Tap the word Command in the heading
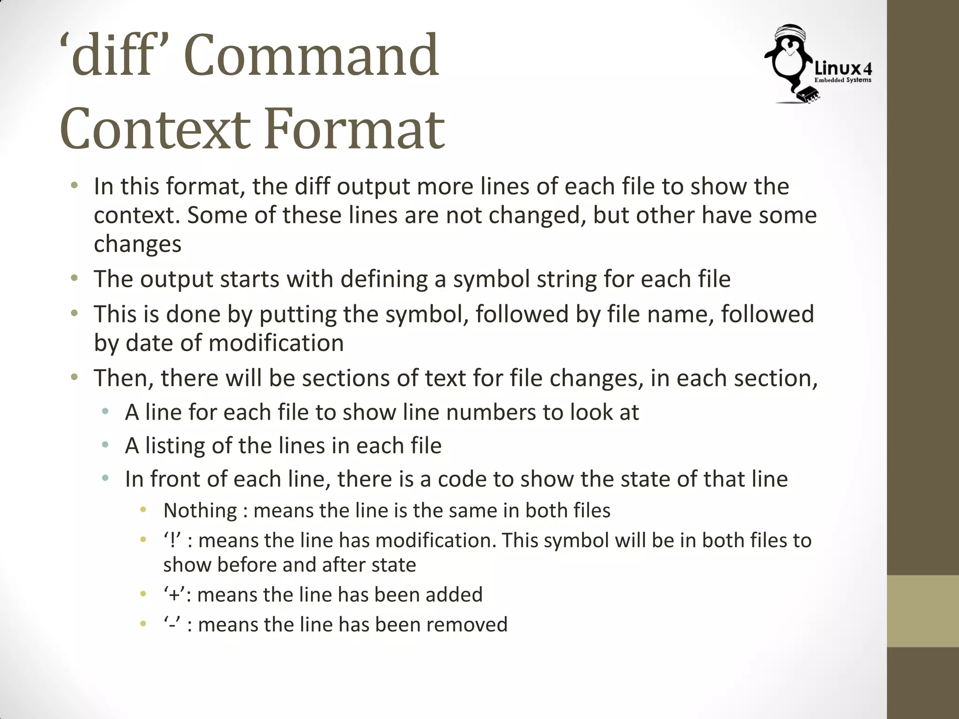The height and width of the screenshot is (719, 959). pos(311,55)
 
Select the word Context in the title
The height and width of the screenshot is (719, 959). pos(155,129)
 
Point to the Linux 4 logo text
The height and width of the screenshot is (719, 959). pos(843,69)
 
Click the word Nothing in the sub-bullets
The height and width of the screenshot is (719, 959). pos(200,510)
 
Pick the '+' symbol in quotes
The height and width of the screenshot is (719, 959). pos(174,595)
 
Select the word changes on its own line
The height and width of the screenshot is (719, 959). pos(137,244)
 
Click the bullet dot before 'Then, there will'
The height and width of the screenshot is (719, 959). pos(74,377)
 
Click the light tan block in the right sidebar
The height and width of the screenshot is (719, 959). pos(922,611)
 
